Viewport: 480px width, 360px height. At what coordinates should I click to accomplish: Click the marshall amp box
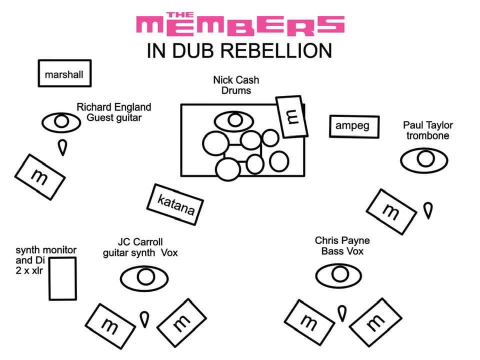coord(64,74)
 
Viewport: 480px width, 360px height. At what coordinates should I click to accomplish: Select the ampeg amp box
coord(354,126)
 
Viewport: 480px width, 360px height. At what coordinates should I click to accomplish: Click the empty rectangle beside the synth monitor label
coord(62,278)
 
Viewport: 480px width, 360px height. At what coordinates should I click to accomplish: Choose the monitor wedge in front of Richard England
coord(39,176)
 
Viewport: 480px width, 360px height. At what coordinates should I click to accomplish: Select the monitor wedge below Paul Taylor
coord(391,211)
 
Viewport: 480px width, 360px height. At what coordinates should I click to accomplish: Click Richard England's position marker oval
coord(61,122)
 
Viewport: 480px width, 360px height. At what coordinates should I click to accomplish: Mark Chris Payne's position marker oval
coord(339,274)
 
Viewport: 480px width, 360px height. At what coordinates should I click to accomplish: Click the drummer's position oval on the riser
coord(234,120)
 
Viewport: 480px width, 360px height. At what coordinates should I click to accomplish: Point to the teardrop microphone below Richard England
coord(62,147)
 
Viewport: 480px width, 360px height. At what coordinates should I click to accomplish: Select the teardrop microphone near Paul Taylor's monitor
coord(427,209)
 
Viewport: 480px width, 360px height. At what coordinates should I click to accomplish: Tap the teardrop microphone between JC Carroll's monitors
coord(144,319)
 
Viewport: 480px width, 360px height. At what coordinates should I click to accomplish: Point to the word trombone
coord(427,135)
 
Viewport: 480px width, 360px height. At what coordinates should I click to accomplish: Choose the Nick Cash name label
coord(236,80)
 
